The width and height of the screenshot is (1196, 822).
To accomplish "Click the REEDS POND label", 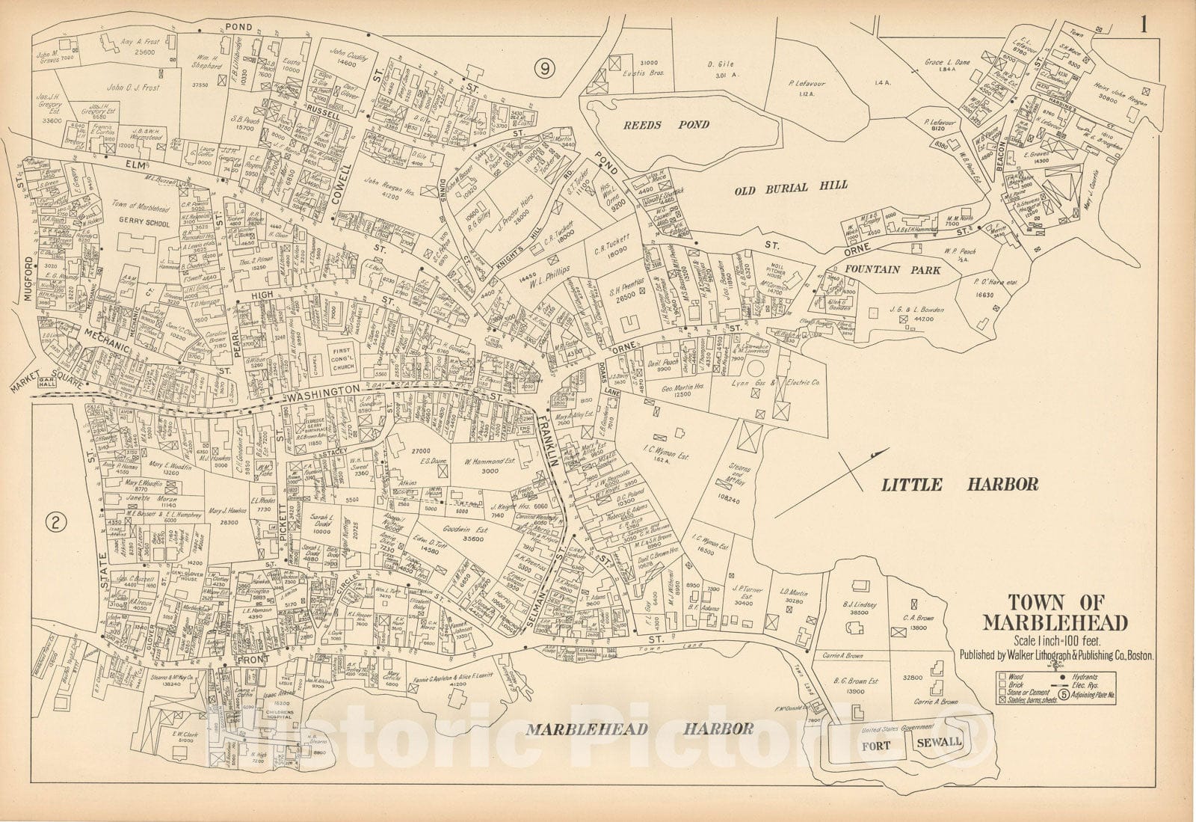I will point(666,125).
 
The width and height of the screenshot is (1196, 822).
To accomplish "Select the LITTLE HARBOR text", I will point(960,485).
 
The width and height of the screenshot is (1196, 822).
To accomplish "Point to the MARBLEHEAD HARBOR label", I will point(640,728).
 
